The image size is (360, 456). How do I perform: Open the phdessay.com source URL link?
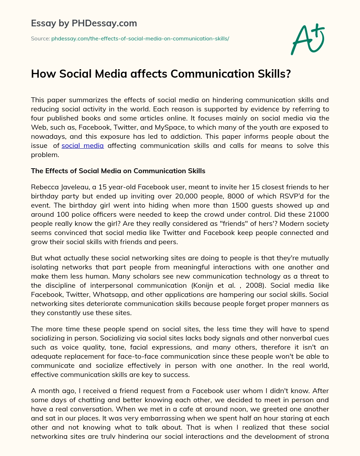(140, 39)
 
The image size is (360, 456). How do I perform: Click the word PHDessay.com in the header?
(104, 24)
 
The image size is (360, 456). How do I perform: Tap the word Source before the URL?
(40, 39)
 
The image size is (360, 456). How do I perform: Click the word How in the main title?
(44, 74)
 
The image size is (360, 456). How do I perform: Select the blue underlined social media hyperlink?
(83, 145)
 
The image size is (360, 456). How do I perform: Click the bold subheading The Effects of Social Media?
(118, 171)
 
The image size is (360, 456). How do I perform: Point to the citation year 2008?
(255, 285)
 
